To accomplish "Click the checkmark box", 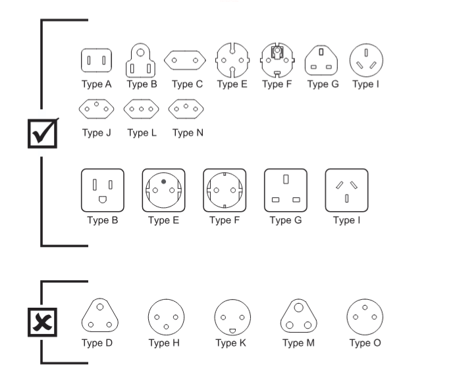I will pos(43,133).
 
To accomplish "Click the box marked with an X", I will pos(42,322).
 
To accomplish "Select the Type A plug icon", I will pos(96,61).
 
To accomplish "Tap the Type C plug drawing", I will pos(185,61).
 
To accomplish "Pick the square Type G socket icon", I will pos(286,190).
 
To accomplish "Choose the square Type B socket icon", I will pos(102,190).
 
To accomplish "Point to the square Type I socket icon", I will pos(346,190).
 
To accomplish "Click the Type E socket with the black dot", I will pos(163,190).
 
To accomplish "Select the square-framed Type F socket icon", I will pos(225,190).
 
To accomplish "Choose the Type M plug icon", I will pos(298,316).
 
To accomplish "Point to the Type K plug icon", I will pos(232,318).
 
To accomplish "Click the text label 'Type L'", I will pos(142,133).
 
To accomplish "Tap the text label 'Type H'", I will pos(163,343).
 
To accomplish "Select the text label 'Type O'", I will pos(365,343).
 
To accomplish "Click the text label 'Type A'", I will pos(96,84).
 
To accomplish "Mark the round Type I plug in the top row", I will pos(366,60).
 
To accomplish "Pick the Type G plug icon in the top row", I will pos(322,61).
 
